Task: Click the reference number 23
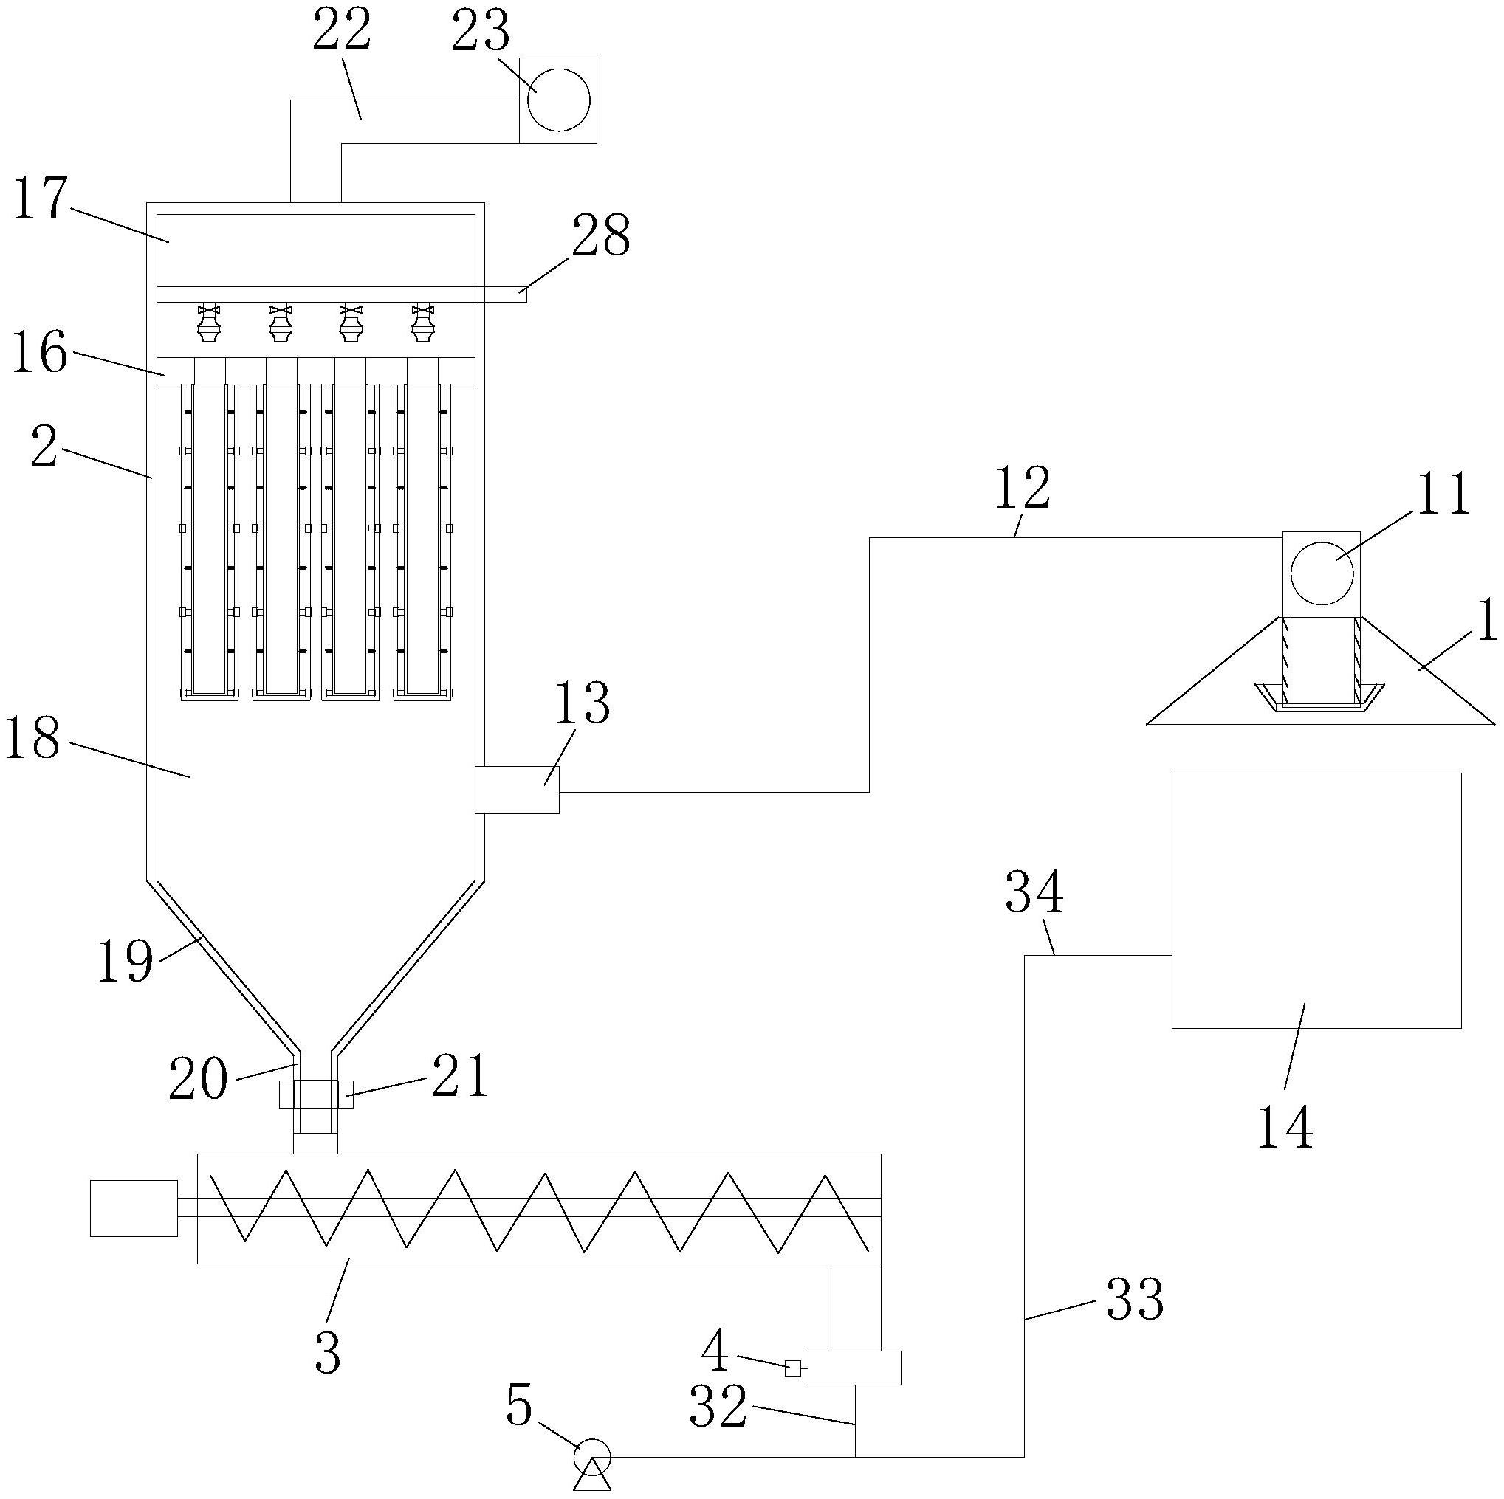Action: [481, 32]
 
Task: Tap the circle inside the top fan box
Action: [558, 100]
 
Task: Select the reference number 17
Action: [41, 199]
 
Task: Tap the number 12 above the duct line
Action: [1023, 489]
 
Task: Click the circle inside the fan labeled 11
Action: [1321, 572]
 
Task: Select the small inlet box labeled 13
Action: [517, 789]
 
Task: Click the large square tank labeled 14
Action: [1316, 900]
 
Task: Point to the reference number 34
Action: [1034, 893]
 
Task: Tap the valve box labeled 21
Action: [315, 1094]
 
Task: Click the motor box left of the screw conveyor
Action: [133, 1208]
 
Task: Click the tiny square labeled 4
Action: [792, 1368]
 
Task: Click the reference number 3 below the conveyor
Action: [328, 1353]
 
